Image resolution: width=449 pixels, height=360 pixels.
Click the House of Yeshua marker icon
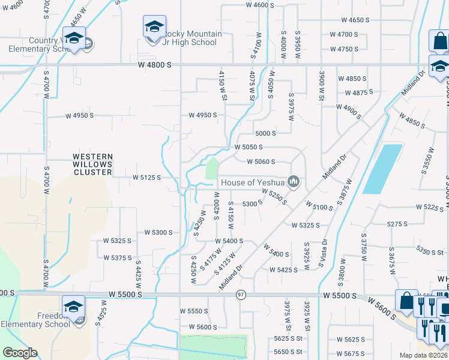pos(294,182)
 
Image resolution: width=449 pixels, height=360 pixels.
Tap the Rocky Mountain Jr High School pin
pos(154,28)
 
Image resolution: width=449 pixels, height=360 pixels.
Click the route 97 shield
pos(241,295)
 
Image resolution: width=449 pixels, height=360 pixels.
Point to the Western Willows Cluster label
pos(92,164)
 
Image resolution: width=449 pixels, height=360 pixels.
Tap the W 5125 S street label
pos(146,178)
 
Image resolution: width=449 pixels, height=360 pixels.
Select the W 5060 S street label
pos(261,161)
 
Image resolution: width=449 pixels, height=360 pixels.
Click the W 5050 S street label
pos(249,147)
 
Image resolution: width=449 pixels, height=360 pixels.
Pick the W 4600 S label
pos(261,5)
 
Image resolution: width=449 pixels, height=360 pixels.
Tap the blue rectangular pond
pos(382,168)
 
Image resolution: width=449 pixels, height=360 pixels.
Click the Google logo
pos(20,353)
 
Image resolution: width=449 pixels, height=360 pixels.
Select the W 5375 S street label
pos(117,257)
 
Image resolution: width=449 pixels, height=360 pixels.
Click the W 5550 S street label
pos(194,311)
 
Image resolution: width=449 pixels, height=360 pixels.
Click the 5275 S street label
pos(397,224)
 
